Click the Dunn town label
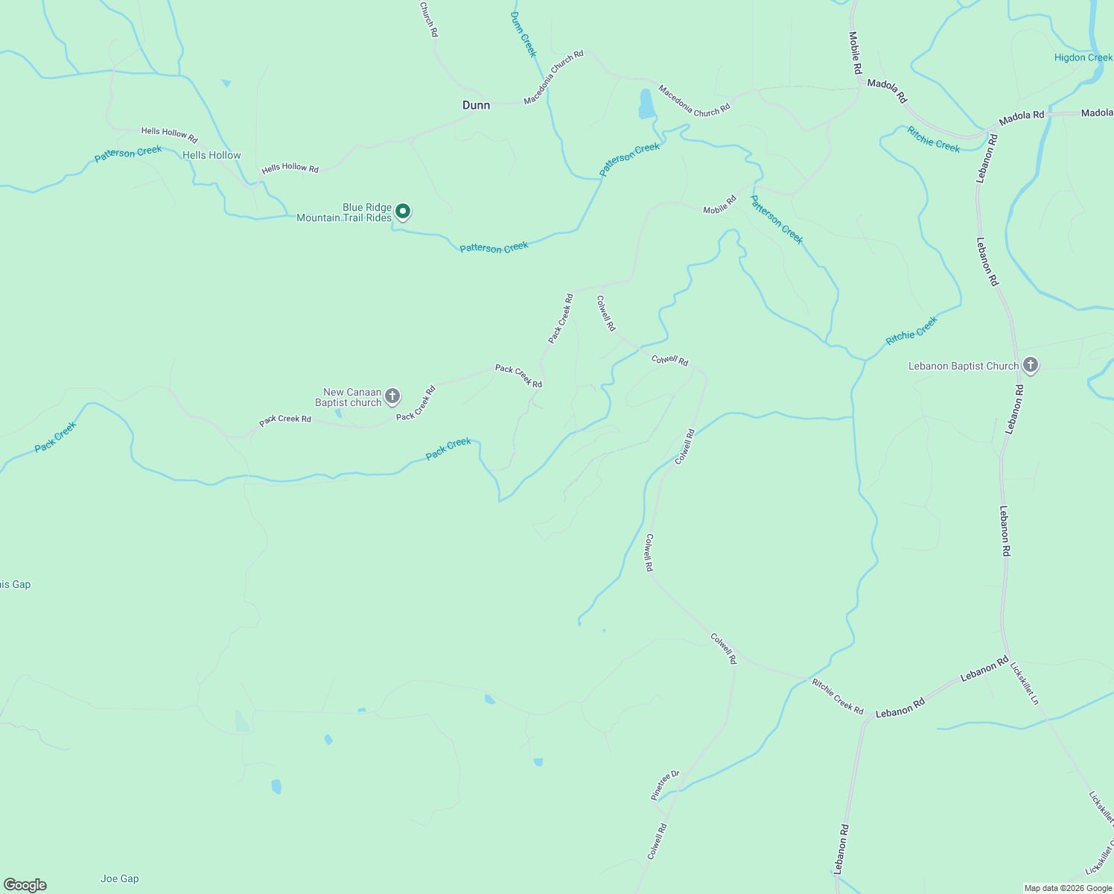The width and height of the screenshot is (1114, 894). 476,105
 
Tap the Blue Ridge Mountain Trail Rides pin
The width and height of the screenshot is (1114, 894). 403,212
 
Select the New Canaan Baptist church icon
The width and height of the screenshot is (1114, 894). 392,396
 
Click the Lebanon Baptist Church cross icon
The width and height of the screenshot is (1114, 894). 1031,365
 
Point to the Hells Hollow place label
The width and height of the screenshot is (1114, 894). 211,155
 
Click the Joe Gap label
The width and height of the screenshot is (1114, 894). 120,878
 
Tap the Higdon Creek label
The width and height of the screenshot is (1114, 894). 1083,57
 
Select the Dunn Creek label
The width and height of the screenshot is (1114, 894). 523,34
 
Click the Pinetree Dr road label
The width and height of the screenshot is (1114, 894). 665,785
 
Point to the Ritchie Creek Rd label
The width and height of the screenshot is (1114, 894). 838,697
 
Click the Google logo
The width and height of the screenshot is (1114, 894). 25,885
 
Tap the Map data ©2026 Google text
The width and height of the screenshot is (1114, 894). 1067,888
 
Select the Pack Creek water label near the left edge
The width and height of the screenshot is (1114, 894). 55,437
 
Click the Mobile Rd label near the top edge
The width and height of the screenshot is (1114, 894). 855,52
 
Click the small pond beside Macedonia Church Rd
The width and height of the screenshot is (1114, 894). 646,104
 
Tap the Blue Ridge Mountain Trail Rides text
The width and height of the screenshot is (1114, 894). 344,212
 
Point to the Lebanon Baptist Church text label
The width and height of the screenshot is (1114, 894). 963,366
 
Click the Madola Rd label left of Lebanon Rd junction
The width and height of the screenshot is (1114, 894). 887,91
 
